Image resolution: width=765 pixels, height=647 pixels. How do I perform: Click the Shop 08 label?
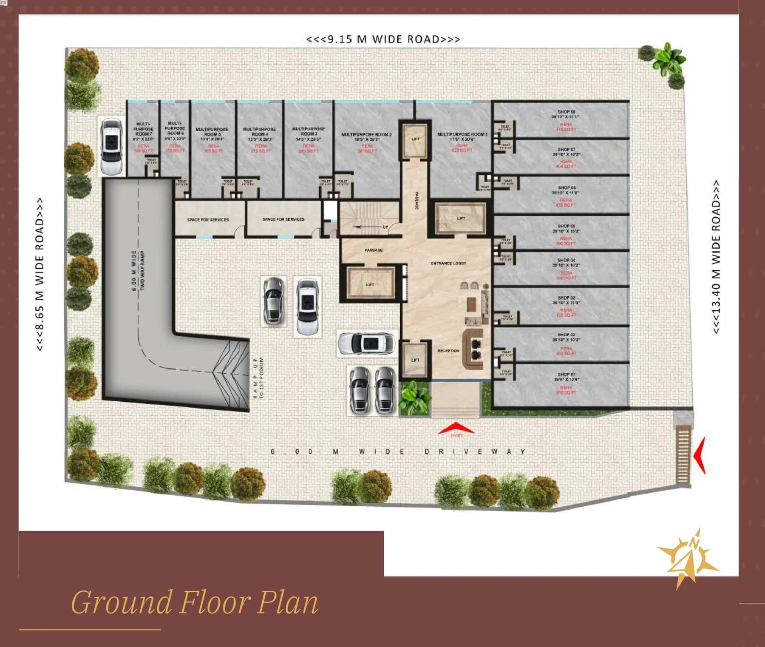point(566,112)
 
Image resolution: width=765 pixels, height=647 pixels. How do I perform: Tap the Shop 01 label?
point(566,375)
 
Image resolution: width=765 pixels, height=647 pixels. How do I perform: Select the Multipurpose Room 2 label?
point(366,135)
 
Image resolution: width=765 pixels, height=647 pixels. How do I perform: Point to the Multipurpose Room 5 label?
point(212,131)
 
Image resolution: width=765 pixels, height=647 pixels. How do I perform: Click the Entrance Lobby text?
point(448,264)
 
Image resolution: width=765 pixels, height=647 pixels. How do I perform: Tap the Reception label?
point(448,351)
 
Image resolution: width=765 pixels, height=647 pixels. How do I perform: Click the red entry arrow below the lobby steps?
point(456,428)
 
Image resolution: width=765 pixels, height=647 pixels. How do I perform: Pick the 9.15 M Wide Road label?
point(383,40)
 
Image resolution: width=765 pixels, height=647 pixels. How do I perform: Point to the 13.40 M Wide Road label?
point(716,257)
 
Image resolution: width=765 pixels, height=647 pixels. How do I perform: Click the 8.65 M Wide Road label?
point(40,274)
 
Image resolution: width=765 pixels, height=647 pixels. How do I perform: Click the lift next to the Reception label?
point(415,360)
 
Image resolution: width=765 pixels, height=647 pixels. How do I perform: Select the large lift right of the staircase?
point(461,219)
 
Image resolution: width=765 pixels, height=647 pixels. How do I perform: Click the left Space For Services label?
point(208,220)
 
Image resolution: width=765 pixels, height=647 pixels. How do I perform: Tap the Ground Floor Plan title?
point(194,602)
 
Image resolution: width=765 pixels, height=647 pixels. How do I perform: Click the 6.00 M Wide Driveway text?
point(398,452)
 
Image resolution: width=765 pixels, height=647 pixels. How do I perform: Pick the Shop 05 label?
point(566,226)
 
